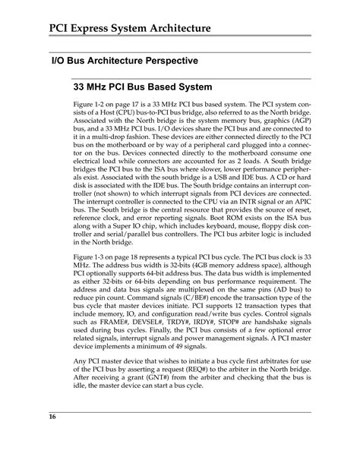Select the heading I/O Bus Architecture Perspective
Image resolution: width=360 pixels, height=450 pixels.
[x=125, y=60]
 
